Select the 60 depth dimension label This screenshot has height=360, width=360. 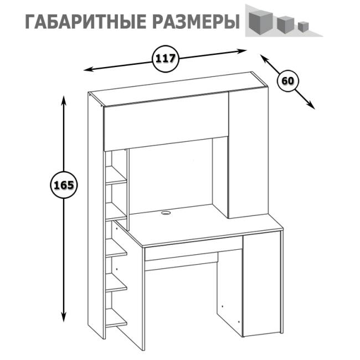pos(287,81)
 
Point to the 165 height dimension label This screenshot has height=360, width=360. pos(62,184)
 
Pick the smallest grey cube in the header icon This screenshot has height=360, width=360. pos(302,25)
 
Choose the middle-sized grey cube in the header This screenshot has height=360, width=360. pos(284,23)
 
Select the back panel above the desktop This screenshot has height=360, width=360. pos(172,172)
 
